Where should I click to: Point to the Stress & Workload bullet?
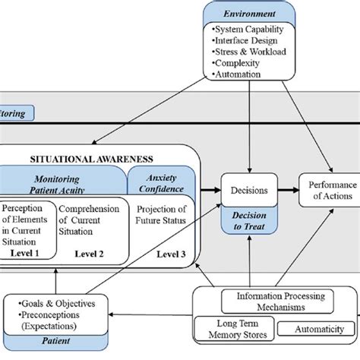[244, 53]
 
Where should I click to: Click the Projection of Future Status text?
[160, 216]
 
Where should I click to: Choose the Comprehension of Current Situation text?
[89, 221]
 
